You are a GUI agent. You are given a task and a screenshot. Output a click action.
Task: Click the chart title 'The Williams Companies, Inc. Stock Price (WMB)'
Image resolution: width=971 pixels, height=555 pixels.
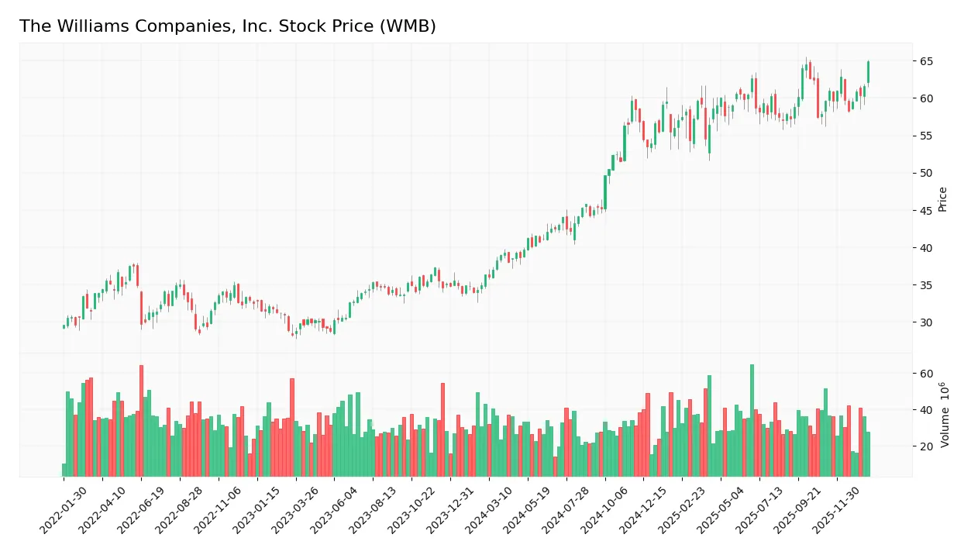point(227,26)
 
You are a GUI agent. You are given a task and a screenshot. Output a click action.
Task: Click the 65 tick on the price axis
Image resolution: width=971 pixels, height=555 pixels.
point(927,61)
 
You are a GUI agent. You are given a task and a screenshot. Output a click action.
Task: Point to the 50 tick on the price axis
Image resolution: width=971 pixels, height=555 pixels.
point(927,173)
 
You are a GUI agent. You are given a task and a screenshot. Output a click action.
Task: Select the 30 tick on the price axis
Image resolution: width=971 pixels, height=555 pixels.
point(927,322)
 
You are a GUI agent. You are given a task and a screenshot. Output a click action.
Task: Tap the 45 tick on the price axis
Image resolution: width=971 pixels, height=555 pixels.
point(927,211)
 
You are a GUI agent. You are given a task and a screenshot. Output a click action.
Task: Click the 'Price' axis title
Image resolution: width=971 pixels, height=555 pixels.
point(943,199)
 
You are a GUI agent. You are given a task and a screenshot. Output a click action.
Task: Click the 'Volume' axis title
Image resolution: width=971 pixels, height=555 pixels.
point(945,415)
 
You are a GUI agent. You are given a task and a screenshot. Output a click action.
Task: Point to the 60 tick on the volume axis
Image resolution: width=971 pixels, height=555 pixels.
point(927,374)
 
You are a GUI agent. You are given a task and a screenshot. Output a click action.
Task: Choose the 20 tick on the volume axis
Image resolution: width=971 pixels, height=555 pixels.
point(927,446)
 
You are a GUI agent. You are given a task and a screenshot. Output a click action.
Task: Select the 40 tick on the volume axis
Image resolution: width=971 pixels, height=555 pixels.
point(927,410)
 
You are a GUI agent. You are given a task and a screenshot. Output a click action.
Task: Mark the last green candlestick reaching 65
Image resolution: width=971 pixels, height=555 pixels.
point(868,72)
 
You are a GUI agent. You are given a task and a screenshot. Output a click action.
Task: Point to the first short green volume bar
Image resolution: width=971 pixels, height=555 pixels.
point(64,470)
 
